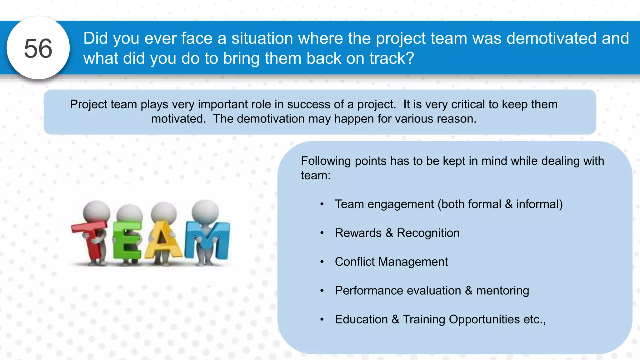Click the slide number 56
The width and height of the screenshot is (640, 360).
[38, 48]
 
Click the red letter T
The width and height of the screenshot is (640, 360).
[91, 237]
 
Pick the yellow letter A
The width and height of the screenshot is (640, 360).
[162, 241]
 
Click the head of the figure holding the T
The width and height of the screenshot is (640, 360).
[97, 212]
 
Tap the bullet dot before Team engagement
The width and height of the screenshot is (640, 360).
[322, 204]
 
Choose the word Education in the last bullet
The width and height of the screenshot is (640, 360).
[361, 319]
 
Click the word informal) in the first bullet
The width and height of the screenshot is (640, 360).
[539, 204]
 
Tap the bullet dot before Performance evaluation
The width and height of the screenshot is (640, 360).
[322, 291]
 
